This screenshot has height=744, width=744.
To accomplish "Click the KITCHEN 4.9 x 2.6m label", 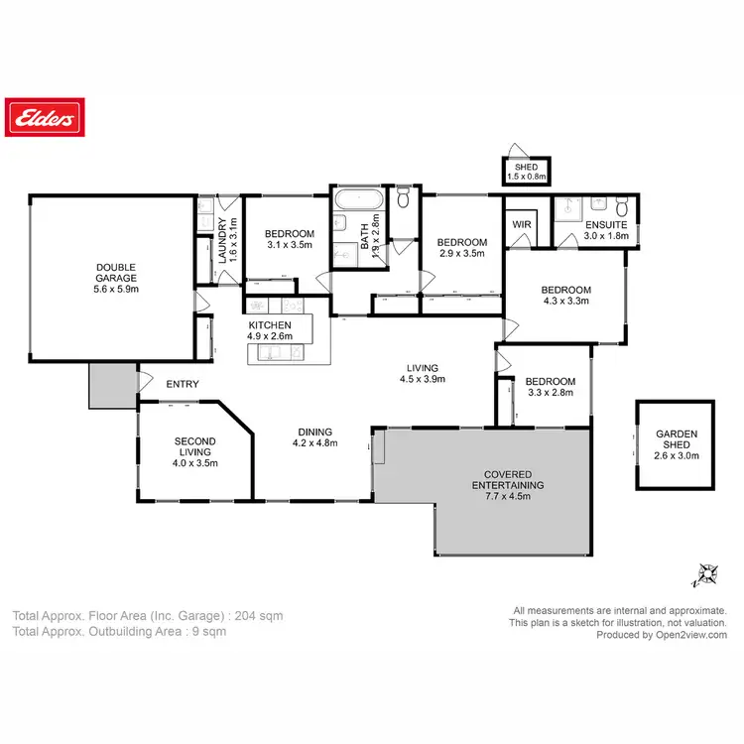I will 270,330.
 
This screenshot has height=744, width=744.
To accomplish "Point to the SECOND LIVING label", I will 195,452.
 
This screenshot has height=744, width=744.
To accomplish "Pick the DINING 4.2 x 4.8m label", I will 313,437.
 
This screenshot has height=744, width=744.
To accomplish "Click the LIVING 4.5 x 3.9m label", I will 423,373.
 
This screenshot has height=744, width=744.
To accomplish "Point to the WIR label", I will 522,225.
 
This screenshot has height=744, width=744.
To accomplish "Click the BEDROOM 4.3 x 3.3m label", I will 565,296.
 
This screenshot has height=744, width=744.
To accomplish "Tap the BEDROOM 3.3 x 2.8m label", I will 551,387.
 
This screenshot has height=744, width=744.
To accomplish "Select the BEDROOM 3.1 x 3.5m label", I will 290,239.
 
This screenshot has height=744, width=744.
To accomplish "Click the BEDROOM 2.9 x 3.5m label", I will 461,248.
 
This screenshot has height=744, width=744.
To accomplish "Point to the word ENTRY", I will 183,385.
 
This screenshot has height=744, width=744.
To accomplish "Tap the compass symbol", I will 707,573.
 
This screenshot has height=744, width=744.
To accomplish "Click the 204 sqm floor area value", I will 263,616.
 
